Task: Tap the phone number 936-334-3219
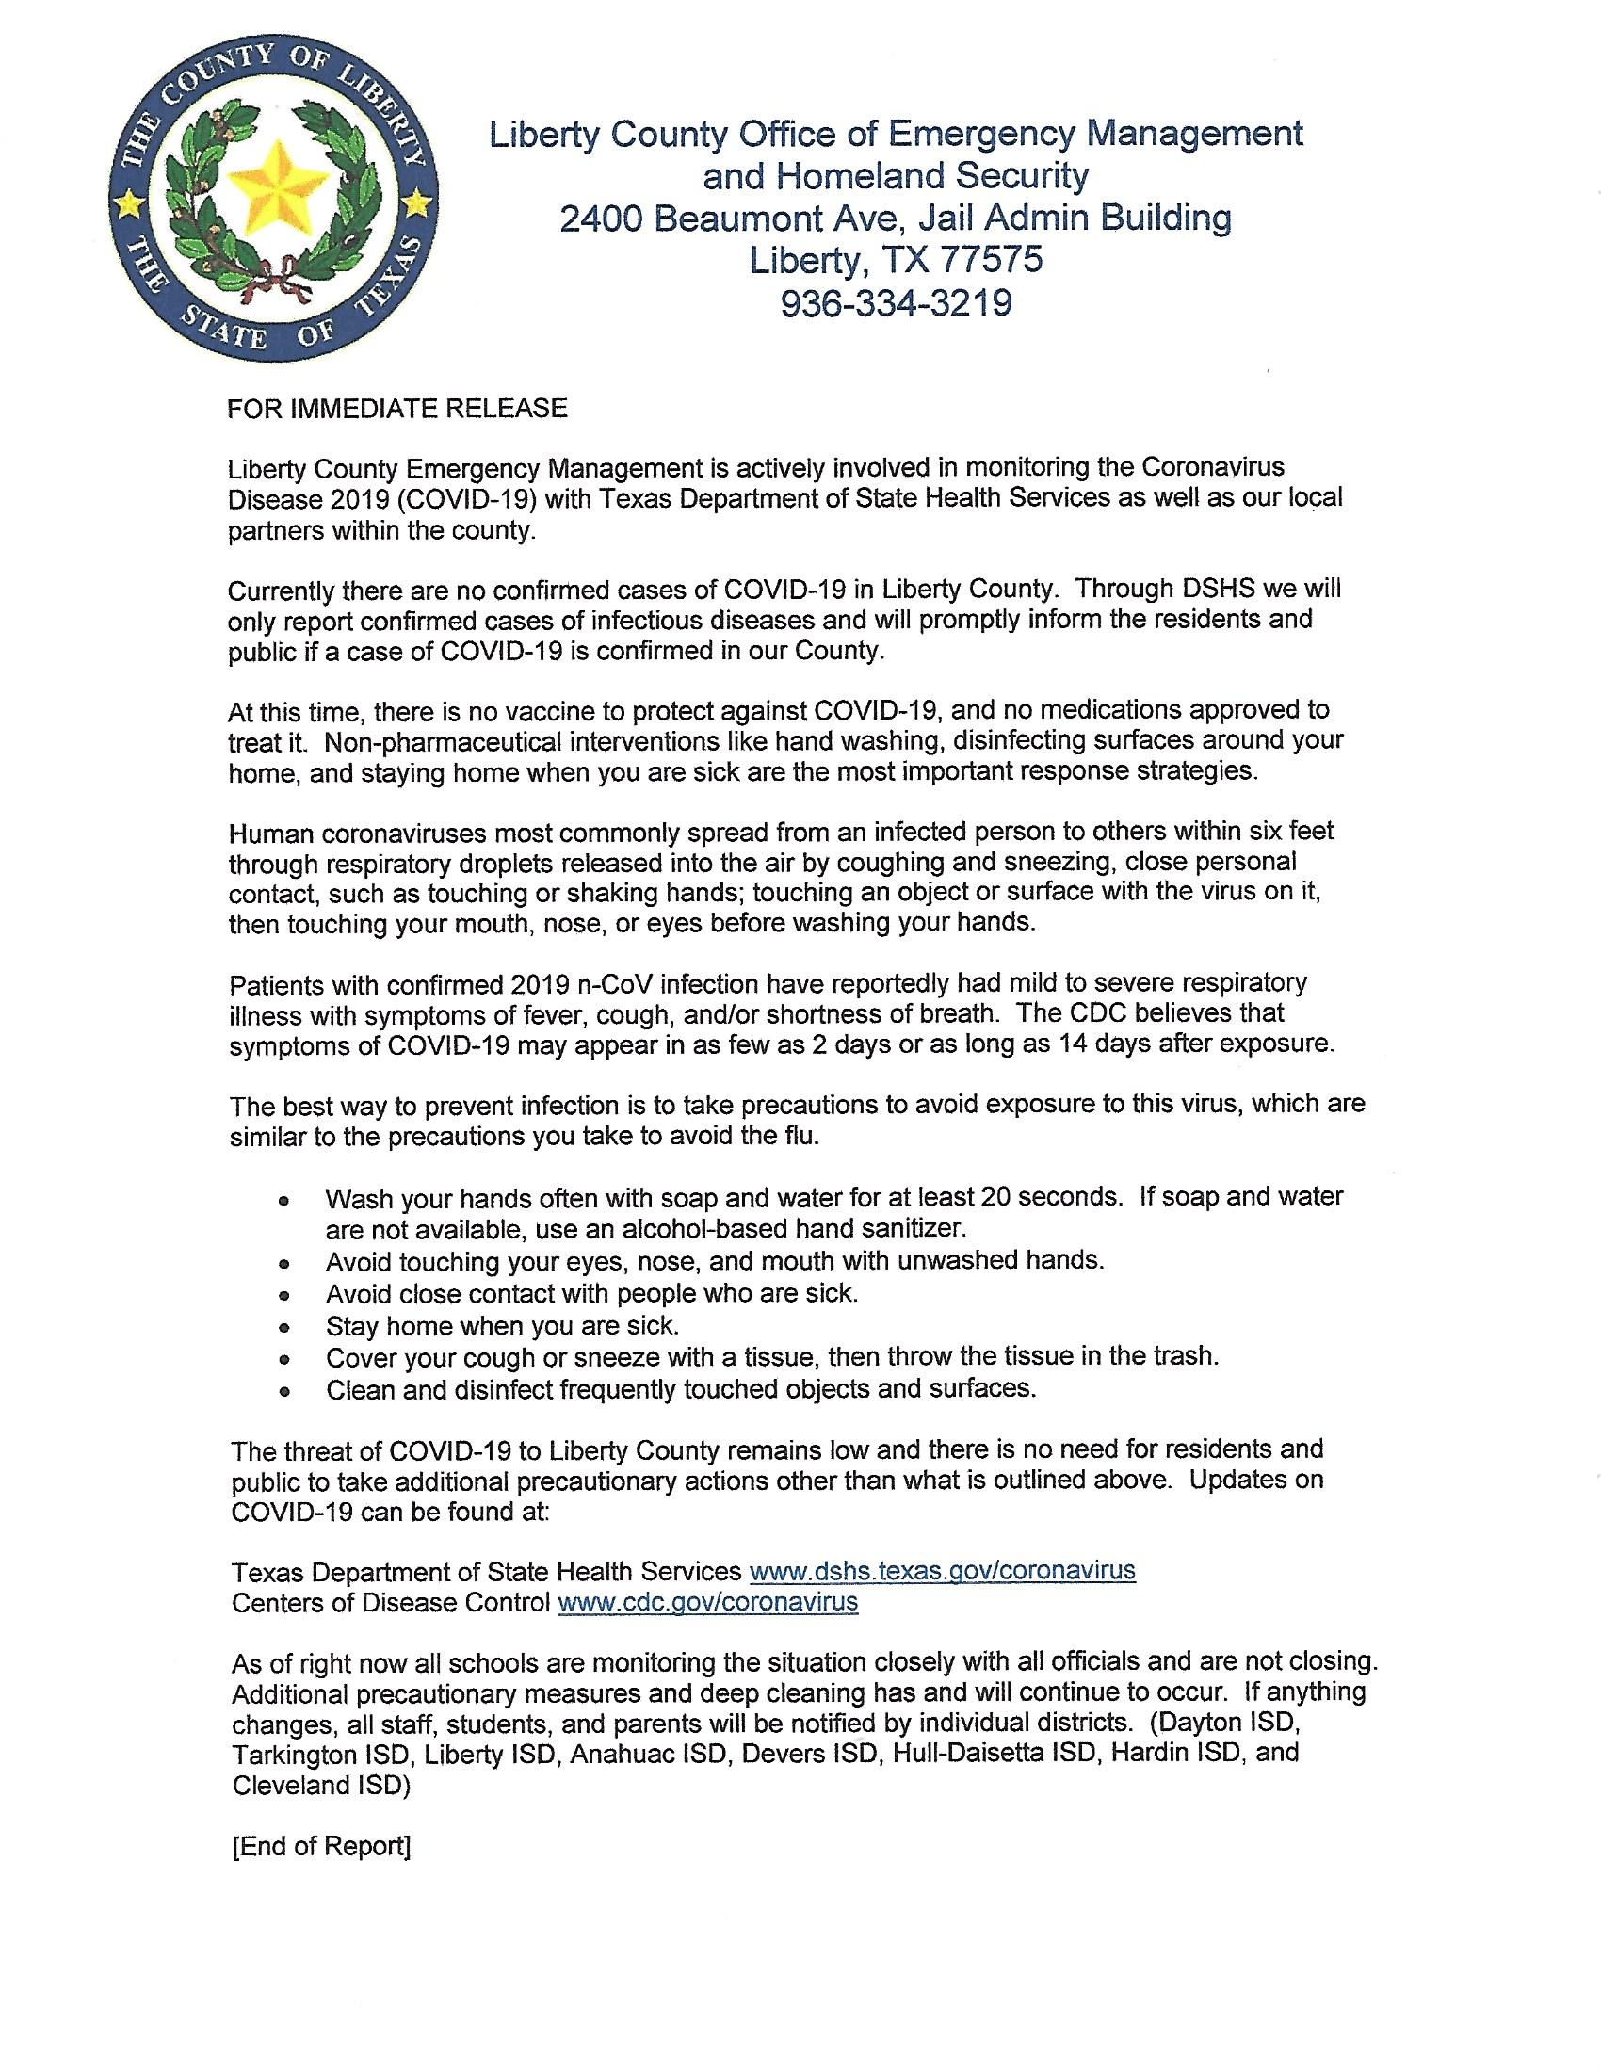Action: point(896,302)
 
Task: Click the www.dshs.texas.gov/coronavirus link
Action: point(942,1570)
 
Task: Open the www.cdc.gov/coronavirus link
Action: point(707,1602)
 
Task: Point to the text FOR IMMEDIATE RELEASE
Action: point(397,408)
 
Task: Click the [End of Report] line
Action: point(320,1846)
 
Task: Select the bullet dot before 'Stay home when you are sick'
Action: point(284,1327)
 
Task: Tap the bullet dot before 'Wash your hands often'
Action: point(284,1200)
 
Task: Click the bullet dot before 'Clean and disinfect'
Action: point(284,1392)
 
